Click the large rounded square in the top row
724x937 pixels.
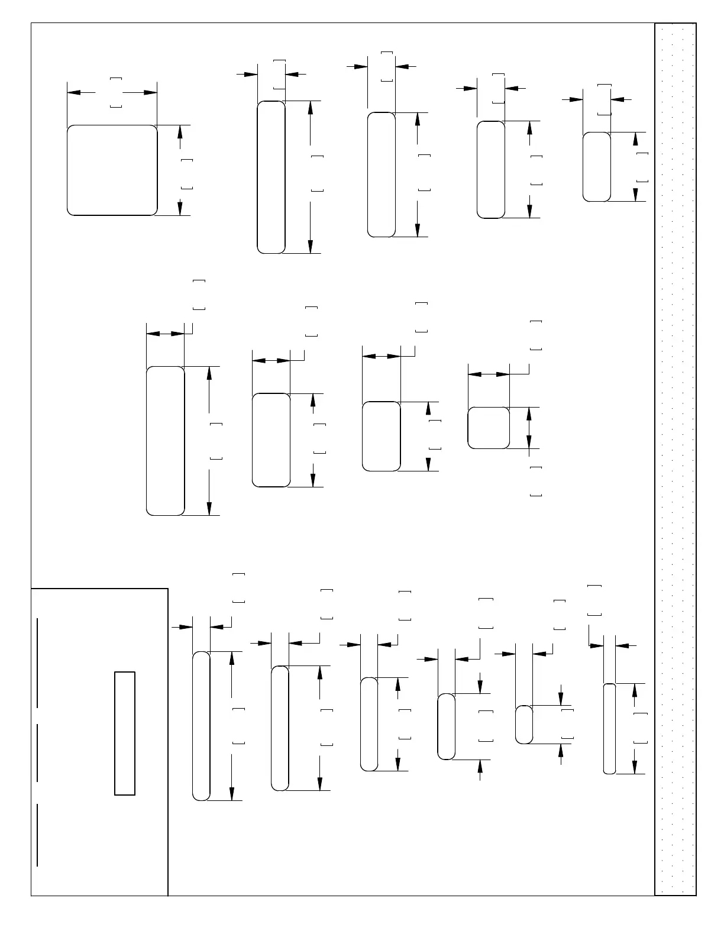pos(112,170)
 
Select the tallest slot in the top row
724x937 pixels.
pos(271,177)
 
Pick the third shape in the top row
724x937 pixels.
pos(382,175)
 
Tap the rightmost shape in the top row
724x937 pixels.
pos(597,167)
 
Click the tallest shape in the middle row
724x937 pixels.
pos(165,441)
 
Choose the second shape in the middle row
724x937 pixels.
pos(271,440)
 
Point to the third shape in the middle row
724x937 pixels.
pos(381,437)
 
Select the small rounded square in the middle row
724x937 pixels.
pos(489,428)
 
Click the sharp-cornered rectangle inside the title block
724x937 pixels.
pos(125,733)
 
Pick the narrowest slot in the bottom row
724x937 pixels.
pos(609,728)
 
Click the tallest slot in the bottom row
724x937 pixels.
pos(201,726)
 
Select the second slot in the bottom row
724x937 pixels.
pos(280,728)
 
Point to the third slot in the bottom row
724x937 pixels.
pos(369,724)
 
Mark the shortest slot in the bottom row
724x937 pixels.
pos(524,725)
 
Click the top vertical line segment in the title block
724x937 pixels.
pos(37,663)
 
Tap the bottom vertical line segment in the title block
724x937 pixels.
pos(37,835)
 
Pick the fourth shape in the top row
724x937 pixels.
pos(491,170)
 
